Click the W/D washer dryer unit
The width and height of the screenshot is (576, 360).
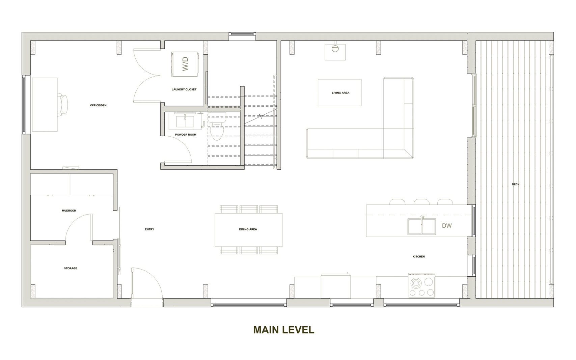click(x=185, y=64)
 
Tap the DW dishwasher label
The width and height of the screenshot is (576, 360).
click(x=447, y=226)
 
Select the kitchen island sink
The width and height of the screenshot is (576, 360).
click(x=421, y=226)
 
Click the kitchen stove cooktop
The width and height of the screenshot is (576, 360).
click(x=422, y=286)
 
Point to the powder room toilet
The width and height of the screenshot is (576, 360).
click(x=217, y=127)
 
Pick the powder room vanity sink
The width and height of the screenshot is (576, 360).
click(x=185, y=121)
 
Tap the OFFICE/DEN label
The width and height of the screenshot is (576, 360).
click(x=98, y=105)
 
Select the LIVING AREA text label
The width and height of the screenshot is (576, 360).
click(x=340, y=93)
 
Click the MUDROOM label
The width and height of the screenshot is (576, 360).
click(x=69, y=211)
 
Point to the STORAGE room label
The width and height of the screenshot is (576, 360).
click(x=71, y=269)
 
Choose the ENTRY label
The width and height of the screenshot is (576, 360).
click(x=149, y=229)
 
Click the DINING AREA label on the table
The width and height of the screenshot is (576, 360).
click(x=248, y=229)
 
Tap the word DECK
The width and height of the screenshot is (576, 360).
click(x=516, y=184)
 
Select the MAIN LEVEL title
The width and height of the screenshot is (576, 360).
click(x=284, y=330)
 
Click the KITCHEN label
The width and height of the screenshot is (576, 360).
click(x=419, y=257)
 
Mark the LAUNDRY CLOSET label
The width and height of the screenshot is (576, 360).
click(x=184, y=89)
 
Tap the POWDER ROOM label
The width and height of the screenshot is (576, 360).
click(x=186, y=135)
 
